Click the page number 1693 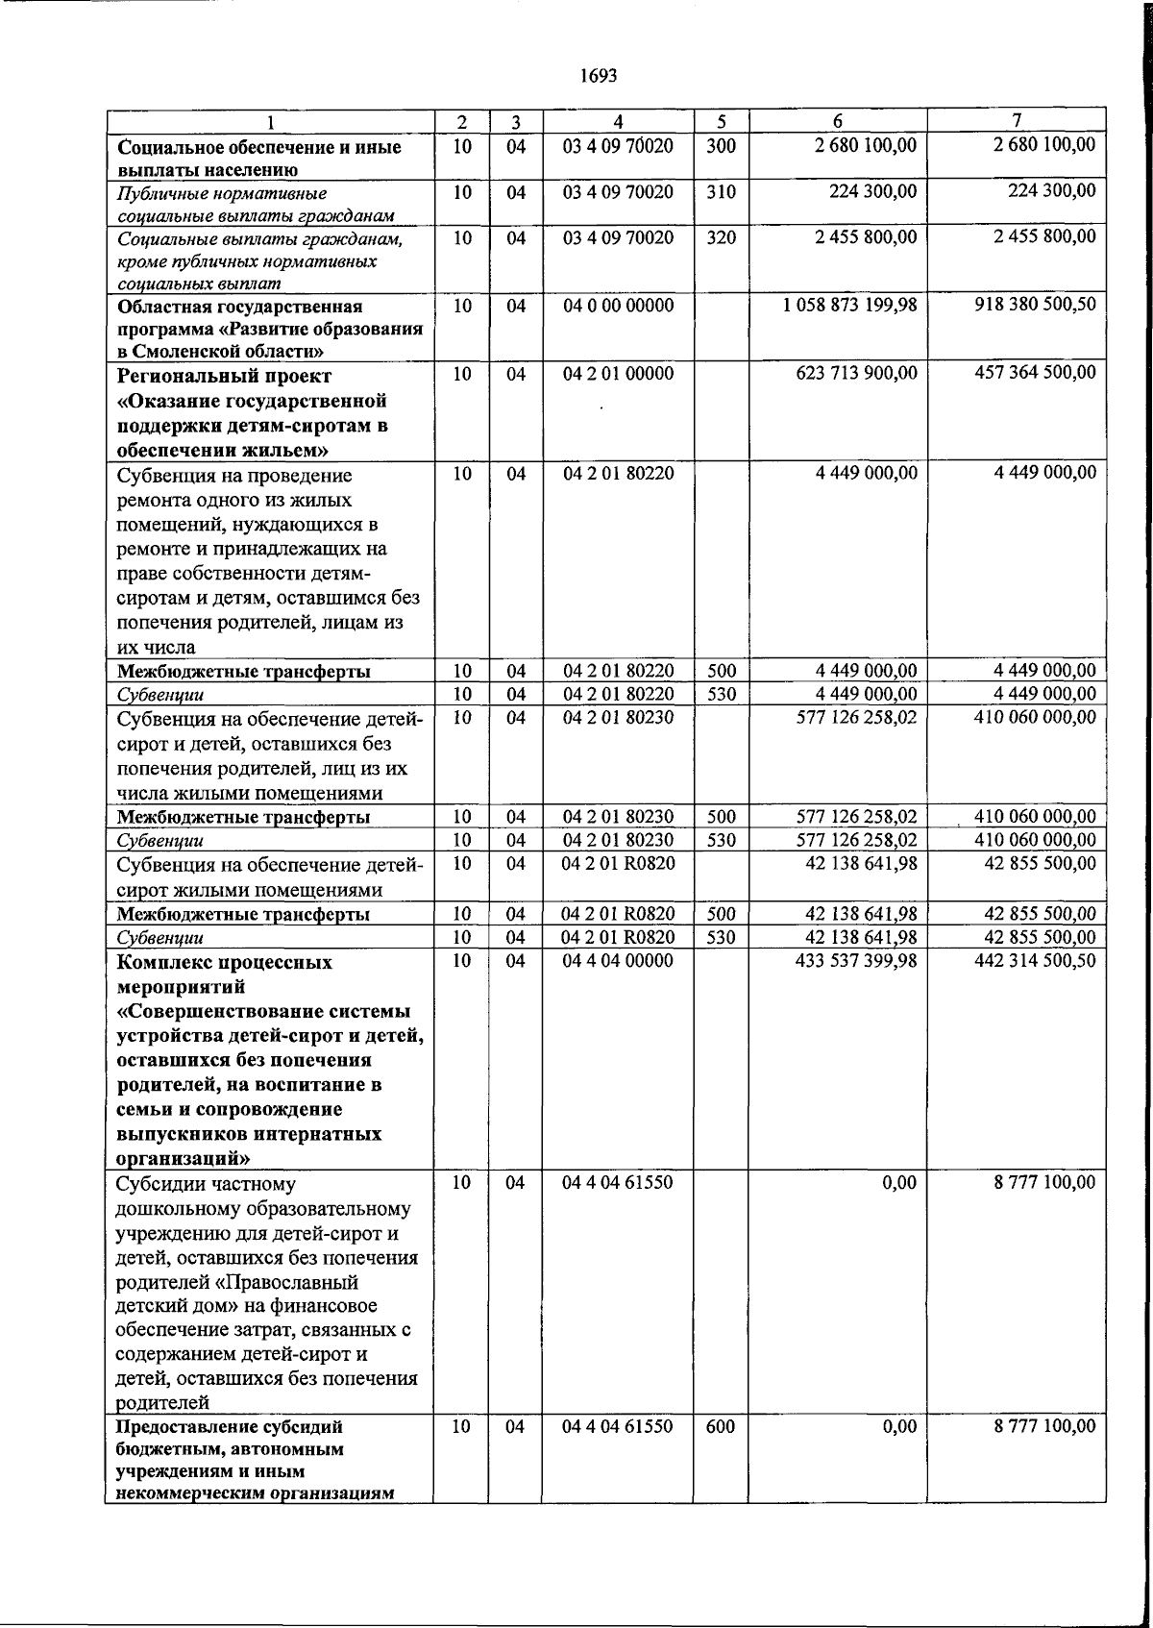(598, 75)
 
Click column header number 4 (618, 122)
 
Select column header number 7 (1016, 121)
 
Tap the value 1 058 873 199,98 (849, 306)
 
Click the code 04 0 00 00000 (618, 306)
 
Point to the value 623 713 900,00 (849, 373)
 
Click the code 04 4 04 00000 (618, 960)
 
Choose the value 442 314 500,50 (1034, 960)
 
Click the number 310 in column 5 (721, 192)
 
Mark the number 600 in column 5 (720, 1427)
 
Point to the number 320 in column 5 (721, 237)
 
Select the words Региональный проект (224, 376)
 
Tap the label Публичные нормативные (222, 193)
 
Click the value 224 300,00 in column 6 (872, 192)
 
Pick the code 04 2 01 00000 (618, 373)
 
